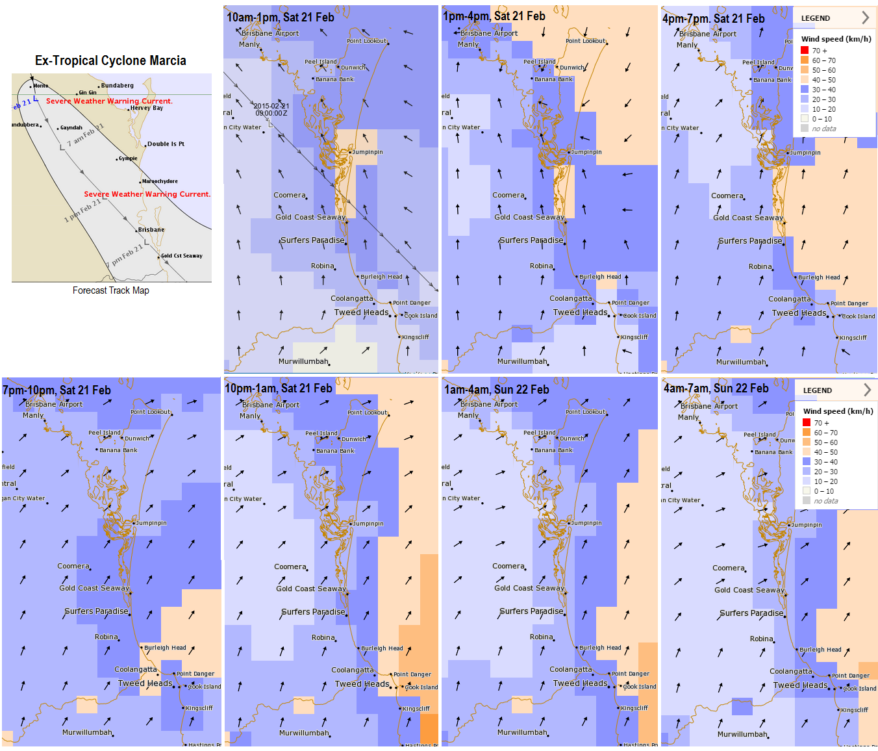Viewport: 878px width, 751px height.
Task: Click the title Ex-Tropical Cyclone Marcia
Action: coord(110,61)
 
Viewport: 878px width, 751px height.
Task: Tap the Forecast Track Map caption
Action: coord(110,290)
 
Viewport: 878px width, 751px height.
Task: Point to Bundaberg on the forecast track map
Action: coord(117,86)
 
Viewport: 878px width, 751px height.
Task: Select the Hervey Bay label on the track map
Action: coord(146,108)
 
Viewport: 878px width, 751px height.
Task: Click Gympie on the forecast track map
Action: coord(128,159)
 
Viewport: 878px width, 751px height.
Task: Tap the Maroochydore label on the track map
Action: coord(160,181)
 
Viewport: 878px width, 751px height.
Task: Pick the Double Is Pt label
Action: coord(166,144)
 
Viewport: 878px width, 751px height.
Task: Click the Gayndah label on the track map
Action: coord(71,128)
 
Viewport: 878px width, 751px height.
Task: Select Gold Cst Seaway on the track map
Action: coord(181,256)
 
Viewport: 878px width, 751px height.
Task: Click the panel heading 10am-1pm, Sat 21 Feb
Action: coord(280,18)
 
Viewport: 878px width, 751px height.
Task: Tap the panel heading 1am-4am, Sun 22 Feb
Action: coord(496,390)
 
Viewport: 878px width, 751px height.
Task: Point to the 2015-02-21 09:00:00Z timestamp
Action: coord(271,109)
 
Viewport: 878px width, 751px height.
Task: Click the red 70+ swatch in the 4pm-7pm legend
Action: coord(805,51)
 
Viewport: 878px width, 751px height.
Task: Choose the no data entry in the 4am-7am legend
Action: coord(826,501)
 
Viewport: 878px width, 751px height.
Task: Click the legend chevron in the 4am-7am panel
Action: coord(867,390)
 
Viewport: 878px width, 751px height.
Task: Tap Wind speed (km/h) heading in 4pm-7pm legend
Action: coord(836,39)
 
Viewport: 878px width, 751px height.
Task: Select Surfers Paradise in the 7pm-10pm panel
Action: coord(96,611)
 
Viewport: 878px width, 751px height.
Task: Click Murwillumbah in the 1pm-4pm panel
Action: coord(522,361)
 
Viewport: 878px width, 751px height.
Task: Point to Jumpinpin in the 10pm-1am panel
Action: coord(368,524)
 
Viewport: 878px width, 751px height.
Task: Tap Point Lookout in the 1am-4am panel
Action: coord(585,412)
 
